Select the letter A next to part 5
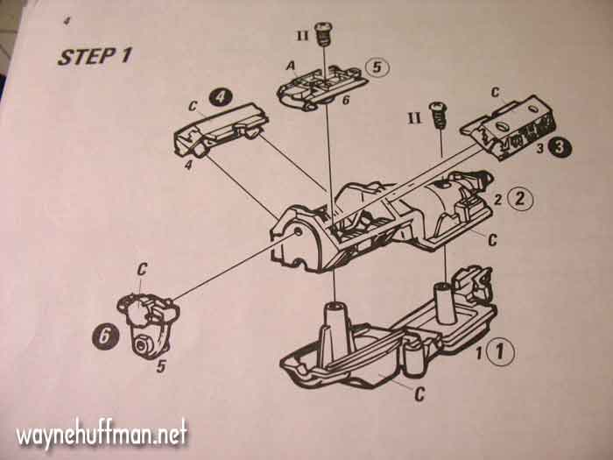click(288, 64)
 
